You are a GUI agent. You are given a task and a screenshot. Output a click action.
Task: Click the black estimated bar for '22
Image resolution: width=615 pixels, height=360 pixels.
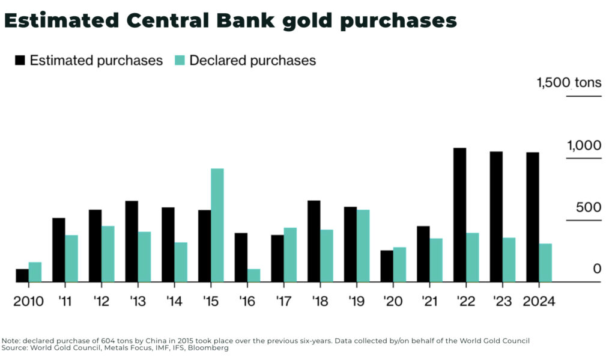[460, 215]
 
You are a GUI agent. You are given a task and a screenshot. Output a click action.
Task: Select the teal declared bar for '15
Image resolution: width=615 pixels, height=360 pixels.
[217, 225]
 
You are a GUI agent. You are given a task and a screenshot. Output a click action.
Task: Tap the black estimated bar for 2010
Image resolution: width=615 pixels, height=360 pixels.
[22, 275]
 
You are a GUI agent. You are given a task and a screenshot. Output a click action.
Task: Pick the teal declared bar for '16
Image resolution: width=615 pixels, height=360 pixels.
[253, 275]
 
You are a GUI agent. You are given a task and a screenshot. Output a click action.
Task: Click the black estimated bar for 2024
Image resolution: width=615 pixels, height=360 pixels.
[533, 217]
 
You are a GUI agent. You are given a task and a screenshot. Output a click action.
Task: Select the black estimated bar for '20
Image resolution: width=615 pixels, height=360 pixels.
[387, 266]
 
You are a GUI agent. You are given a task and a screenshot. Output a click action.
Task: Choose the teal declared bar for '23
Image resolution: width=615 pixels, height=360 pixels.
[509, 259]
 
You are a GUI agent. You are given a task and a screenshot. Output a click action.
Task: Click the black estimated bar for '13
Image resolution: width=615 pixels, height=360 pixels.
[132, 241]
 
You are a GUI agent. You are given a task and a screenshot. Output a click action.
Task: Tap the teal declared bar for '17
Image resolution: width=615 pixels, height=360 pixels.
[290, 254]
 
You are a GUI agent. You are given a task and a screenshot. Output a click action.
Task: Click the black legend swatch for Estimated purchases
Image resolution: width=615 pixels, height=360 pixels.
[20, 61]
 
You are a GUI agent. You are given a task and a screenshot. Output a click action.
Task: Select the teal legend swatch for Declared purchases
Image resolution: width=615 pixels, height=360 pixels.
[180, 61]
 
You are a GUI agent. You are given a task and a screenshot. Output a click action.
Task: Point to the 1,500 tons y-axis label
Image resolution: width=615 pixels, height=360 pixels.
[569, 83]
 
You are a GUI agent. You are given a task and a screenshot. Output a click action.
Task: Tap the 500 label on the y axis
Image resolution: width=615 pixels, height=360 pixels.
[589, 208]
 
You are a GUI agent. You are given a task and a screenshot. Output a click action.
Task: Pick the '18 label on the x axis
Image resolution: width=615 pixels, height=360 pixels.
[320, 301]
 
